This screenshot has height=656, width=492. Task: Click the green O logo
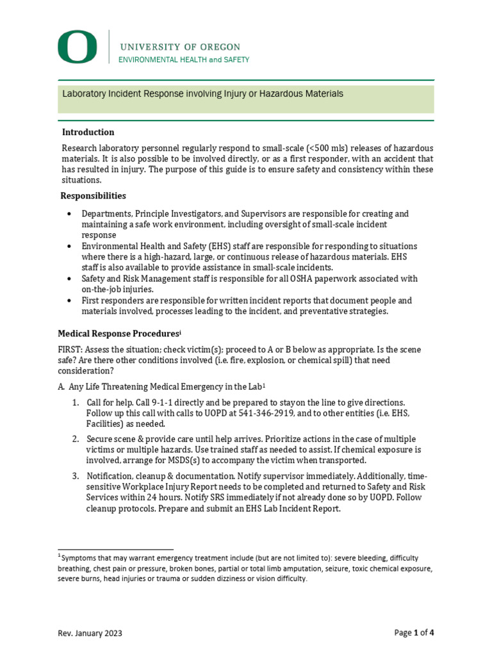click(x=78, y=48)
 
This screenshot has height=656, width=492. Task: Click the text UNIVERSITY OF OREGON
click(x=180, y=47)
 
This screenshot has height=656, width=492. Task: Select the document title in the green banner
click(x=202, y=94)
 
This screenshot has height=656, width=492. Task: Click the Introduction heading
click(x=88, y=132)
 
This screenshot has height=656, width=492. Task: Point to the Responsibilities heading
click(x=93, y=195)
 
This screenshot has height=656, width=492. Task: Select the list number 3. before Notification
click(x=75, y=477)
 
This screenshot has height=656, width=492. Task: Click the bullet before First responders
click(x=69, y=300)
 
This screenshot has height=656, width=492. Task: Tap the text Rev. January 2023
click(x=90, y=634)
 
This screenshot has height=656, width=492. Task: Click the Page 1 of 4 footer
click(x=414, y=633)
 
